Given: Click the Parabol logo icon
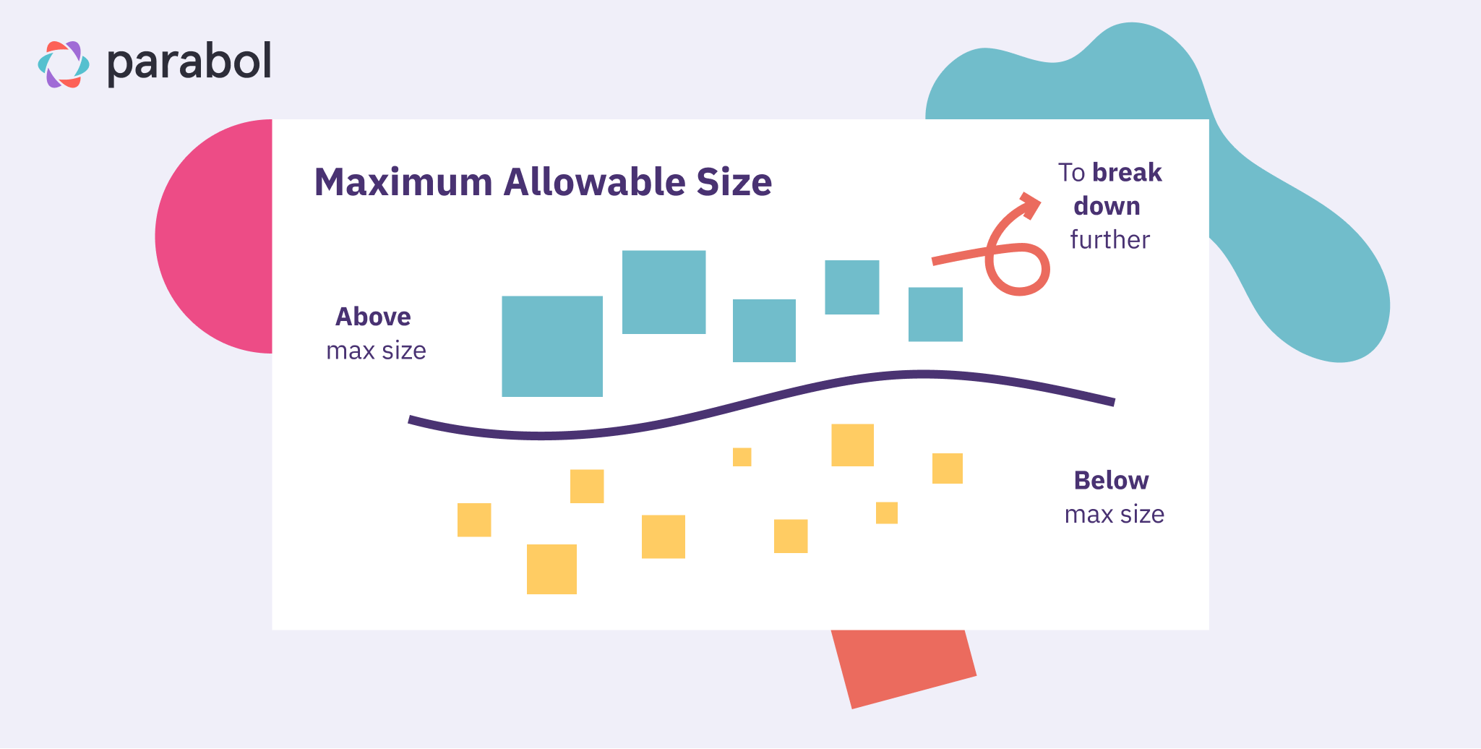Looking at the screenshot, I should click(64, 64).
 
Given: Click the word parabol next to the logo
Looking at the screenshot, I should click(189, 63).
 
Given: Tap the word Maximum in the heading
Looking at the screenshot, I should click(403, 182).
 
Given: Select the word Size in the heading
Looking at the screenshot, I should click(734, 182).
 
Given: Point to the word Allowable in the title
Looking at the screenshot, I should click(594, 182).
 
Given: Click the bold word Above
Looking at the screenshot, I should click(373, 317).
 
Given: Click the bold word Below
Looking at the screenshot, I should click(1111, 481).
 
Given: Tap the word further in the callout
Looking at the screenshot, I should click(1109, 240).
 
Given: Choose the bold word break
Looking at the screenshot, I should click(1127, 173).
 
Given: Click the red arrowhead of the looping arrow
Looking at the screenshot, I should click(1031, 205).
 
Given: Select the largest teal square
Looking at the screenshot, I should click(552, 346).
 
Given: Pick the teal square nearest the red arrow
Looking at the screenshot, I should click(935, 314).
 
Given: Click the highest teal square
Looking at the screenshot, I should click(664, 292).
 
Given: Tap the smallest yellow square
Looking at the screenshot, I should click(742, 457).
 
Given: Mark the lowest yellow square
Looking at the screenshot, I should click(551, 569).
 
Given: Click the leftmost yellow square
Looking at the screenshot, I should click(474, 520).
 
